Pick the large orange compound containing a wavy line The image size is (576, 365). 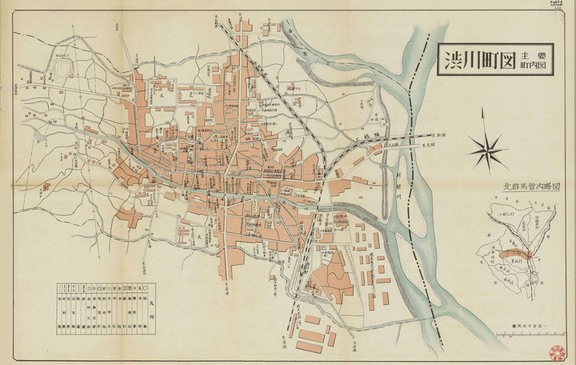pyautogui.click(x=330, y=275)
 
